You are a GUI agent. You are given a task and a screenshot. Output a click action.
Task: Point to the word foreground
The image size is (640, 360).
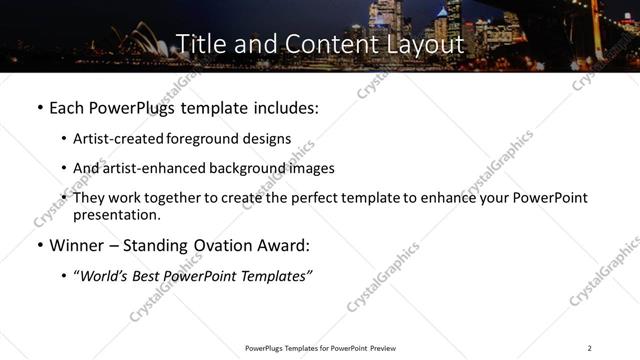click(x=213, y=139)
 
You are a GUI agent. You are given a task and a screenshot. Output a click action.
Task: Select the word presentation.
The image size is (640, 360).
click(x=115, y=215)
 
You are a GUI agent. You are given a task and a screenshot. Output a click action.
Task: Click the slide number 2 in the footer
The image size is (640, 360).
click(x=590, y=347)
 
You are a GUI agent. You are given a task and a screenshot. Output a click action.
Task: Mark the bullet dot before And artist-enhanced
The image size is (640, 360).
click(x=65, y=169)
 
